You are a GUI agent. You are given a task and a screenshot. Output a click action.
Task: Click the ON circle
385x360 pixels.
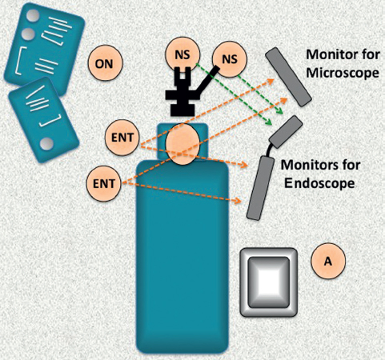105,63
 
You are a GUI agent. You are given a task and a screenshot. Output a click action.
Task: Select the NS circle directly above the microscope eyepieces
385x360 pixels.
182,54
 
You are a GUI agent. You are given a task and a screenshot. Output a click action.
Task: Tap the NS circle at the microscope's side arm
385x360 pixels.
230,59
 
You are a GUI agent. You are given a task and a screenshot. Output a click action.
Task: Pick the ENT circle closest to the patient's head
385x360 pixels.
122,138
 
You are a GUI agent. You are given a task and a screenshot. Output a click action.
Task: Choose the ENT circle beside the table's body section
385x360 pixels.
103,183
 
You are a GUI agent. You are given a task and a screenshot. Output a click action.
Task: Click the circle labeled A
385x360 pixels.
328,261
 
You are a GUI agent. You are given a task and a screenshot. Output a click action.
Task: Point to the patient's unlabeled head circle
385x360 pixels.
182,144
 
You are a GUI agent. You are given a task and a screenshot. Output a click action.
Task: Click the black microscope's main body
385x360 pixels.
182,94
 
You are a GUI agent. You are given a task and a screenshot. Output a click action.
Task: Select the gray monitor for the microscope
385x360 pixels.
288,77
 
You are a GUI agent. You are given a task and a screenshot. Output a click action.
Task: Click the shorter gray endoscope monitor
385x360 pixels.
286,132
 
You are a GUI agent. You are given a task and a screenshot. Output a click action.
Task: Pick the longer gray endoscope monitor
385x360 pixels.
260,188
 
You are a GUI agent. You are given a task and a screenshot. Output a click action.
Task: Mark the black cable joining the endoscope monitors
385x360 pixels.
271,150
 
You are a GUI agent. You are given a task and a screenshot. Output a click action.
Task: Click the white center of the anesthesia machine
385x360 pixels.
269,282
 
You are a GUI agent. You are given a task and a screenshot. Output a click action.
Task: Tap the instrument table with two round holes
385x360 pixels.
44,48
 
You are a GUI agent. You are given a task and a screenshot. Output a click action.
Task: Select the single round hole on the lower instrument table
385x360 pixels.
47,143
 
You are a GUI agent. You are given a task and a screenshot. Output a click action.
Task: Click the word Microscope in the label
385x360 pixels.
343,73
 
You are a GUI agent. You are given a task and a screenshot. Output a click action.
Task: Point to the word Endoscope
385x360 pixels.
319,183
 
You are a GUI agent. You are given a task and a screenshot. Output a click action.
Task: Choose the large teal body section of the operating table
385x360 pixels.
182,256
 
